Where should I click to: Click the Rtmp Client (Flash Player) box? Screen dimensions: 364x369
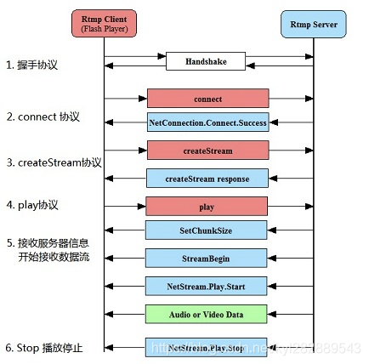[x=105, y=24]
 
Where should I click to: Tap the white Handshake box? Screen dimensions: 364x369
[x=207, y=61]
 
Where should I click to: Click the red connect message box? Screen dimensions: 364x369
[x=207, y=99]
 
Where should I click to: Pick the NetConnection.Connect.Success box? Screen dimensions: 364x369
[x=207, y=122]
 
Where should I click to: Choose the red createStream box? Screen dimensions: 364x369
[x=207, y=151]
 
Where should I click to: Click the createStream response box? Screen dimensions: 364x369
[x=207, y=178]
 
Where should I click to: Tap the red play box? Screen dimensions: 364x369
[x=207, y=206]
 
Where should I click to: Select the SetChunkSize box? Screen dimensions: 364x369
[x=207, y=230]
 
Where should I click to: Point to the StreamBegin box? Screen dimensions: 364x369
[x=207, y=258]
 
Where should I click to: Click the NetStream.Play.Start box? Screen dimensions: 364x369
[x=207, y=286]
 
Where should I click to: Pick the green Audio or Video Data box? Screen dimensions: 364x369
[x=207, y=314]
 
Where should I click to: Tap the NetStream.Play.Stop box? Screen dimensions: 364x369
[x=207, y=347]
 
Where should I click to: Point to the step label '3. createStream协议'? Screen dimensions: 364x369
[x=54, y=162]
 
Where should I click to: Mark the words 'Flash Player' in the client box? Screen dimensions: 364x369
[x=105, y=30]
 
